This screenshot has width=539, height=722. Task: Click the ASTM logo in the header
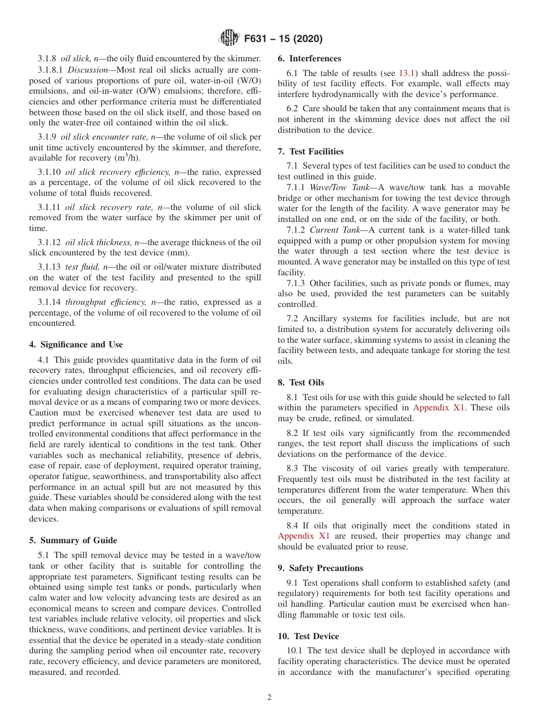(229, 39)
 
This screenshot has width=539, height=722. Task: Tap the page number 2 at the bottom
(269, 698)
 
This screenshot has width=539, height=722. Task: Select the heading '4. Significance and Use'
(76, 345)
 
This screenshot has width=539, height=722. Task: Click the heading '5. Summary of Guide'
(73, 540)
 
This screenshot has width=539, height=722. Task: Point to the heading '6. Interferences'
(310, 58)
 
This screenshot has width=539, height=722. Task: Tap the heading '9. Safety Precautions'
(321, 568)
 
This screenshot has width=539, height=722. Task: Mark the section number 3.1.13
(50, 267)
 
